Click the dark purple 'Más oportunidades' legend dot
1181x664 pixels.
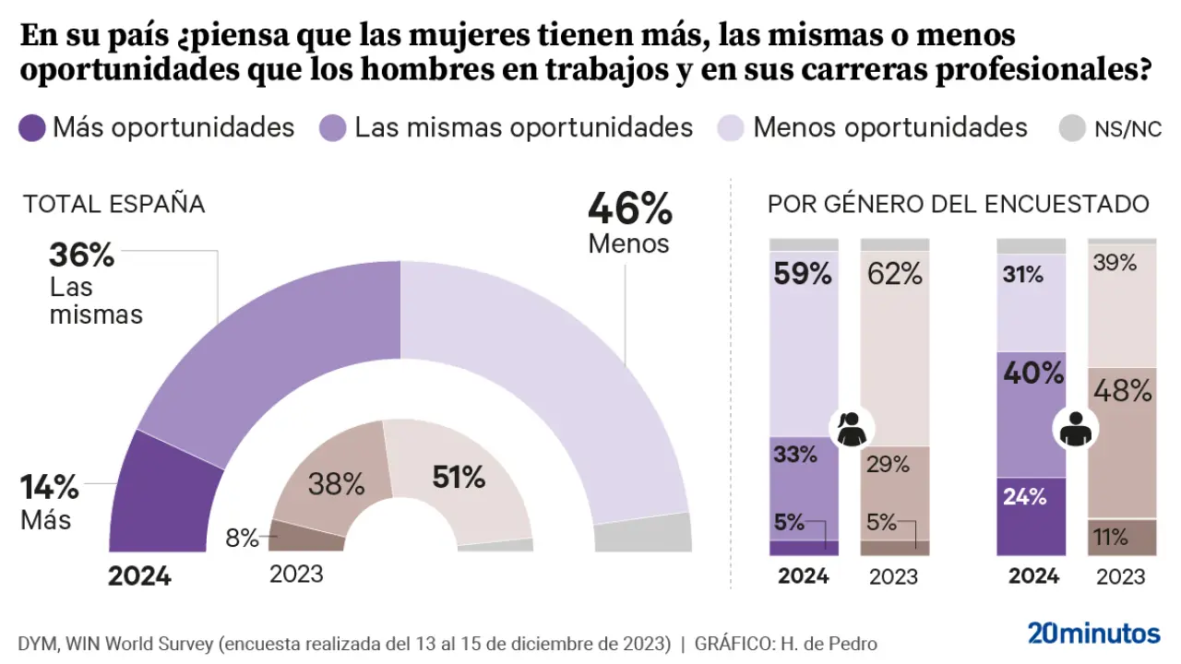coord(32,127)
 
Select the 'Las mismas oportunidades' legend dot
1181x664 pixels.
coord(333,127)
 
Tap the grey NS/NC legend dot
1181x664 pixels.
coord(1070,128)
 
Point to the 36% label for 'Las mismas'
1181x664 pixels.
coord(81,255)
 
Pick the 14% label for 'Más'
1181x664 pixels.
coord(51,486)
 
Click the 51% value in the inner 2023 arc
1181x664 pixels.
coord(459,477)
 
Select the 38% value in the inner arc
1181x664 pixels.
coord(336,484)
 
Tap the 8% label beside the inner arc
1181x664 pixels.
coord(242,539)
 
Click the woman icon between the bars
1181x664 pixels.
coord(850,429)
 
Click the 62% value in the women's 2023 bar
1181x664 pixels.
coord(894,273)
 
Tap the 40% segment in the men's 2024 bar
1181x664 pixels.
coord(1031,414)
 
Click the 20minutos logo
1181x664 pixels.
coord(1093,634)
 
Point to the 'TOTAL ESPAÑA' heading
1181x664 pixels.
coord(113,204)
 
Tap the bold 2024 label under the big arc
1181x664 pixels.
coord(139,576)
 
